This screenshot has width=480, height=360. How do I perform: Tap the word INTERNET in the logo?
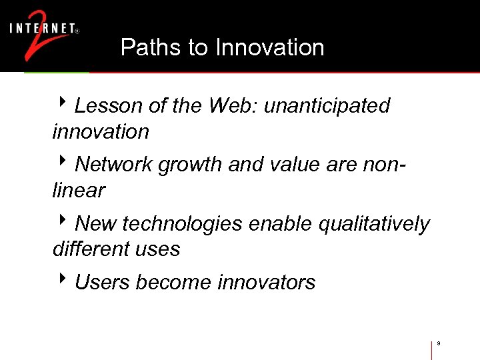(42, 29)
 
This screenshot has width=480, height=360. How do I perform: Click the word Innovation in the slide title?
(270, 47)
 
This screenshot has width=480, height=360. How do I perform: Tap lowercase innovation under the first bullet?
(101, 132)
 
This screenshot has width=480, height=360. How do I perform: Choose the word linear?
(79, 191)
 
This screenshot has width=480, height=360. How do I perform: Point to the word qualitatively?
(374, 224)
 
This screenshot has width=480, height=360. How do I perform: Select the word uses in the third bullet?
(159, 249)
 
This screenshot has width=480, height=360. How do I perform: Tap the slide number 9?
(439, 344)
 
